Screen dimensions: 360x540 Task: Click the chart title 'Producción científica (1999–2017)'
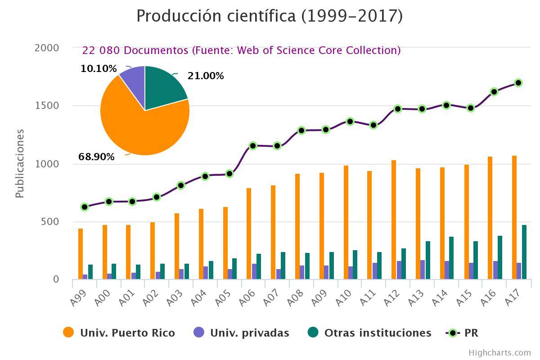coord(270,16)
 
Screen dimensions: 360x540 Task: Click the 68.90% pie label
coord(96,157)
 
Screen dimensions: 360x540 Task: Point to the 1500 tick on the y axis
coord(46,106)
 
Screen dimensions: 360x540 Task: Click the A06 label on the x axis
coord(247,297)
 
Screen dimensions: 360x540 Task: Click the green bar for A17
coord(524,252)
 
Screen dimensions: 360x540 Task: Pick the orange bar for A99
coord(81,254)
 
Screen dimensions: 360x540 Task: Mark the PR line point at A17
coord(518,83)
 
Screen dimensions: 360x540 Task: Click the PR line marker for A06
coord(253,146)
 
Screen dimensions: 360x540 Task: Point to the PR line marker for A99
coord(85,207)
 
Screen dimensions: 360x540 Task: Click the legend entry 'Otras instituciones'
coord(377,333)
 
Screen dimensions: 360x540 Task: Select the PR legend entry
coord(471,333)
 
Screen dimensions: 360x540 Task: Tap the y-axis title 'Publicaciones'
coord(19,163)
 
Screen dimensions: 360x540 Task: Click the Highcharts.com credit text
coord(499,353)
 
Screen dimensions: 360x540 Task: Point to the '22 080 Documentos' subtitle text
coord(241,50)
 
